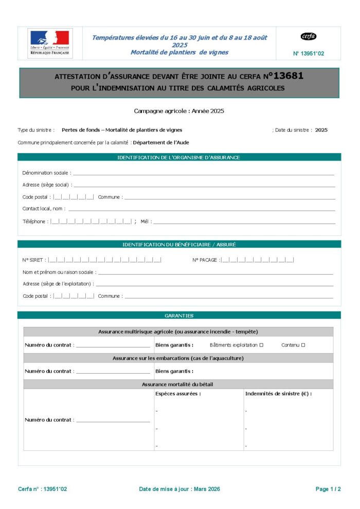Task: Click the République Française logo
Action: pyautogui.click(x=50, y=43)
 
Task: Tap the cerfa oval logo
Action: pyautogui.click(x=309, y=37)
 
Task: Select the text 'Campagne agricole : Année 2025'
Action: pyautogui.click(x=179, y=111)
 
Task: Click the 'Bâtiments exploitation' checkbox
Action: pyautogui.click(x=262, y=345)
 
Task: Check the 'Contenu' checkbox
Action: pyautogui.click(x=303, y=345)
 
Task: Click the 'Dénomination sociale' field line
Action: pyautogui.click(x=203, y=174)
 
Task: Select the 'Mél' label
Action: pyautogui.click(x=145, y=222)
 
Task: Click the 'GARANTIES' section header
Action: pyautogui.click(x=179, y=315)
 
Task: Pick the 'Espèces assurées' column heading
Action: pyautogui.click(x=178, y=394)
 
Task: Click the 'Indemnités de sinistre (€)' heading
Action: pyautogui.click(x=278, y=394)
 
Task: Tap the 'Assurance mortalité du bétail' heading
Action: pyautogui.click(x=177, y=384)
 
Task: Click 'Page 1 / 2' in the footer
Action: pyautogui.click(x=328, y=489)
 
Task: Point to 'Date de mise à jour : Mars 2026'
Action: pyautogui.click(x=179, y=489)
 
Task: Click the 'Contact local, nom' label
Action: pyautogui.click(x=44, y=209)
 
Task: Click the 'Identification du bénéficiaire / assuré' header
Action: pyautogui.click(x=179, y=245)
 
